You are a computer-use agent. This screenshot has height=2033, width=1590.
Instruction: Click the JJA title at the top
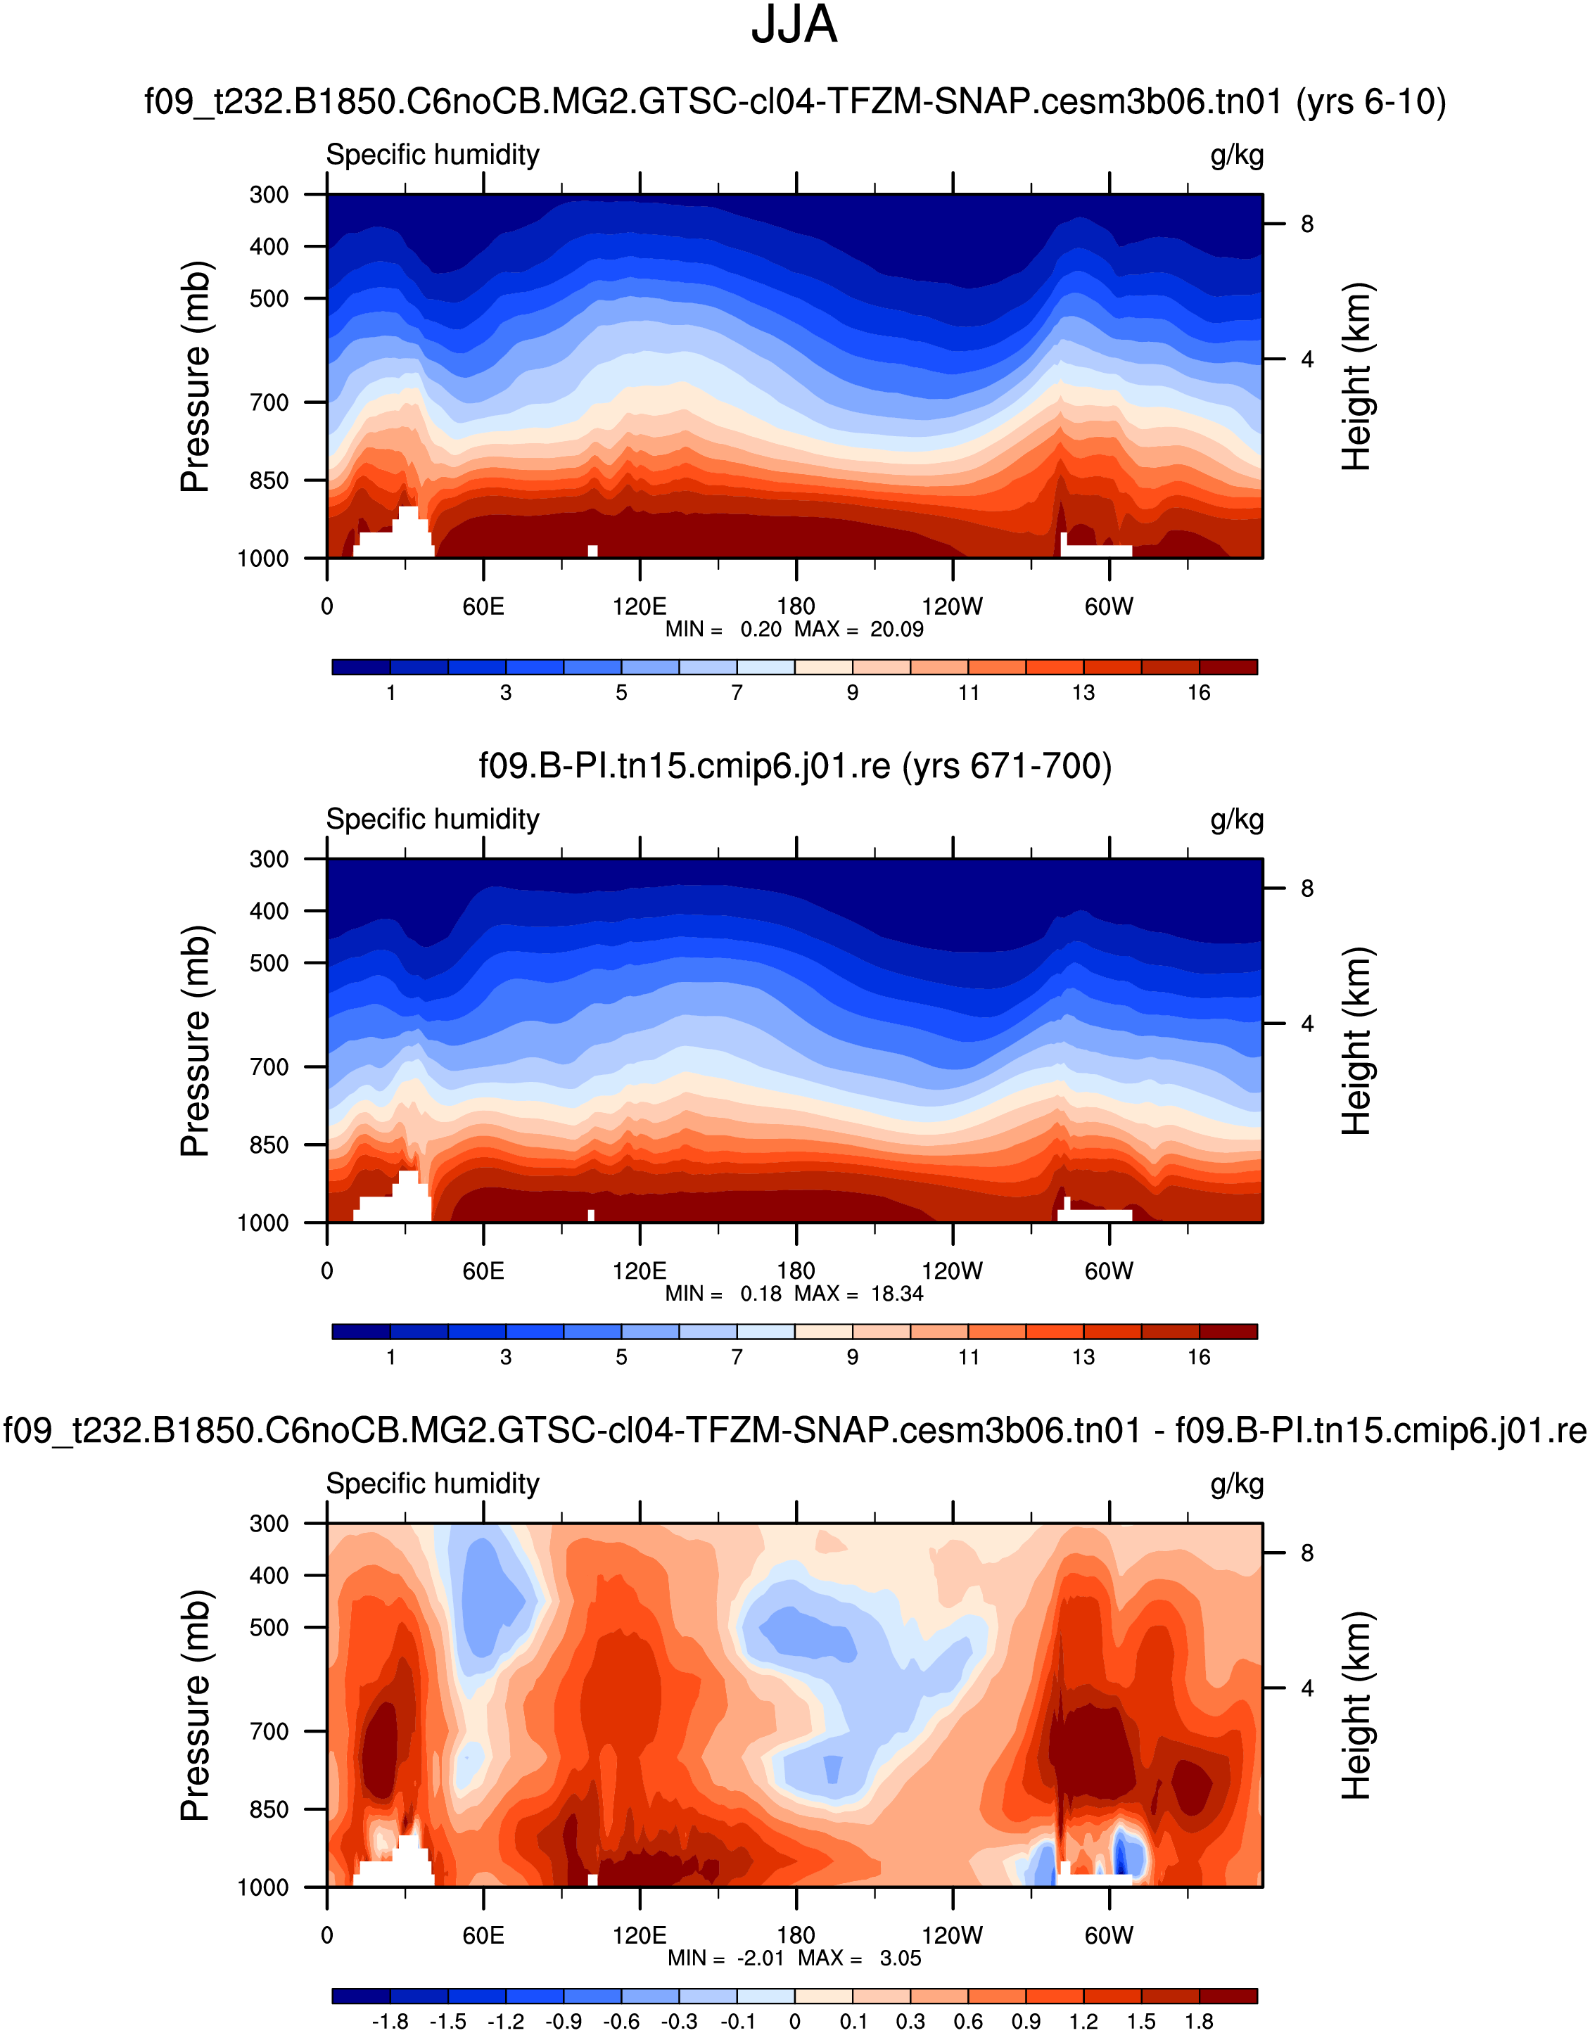(x=794, y=26)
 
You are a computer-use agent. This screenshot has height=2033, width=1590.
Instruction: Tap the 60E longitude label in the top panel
(x=483, y=607)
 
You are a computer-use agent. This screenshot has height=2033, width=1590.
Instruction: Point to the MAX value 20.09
(x=896, y=630)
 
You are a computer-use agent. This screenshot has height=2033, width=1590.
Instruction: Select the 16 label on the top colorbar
(x=1199, y=693)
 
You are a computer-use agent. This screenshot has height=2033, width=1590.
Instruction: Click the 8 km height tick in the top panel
(x=1307, y=224)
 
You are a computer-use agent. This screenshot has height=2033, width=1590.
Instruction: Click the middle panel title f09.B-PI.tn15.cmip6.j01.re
(x=794, y=766)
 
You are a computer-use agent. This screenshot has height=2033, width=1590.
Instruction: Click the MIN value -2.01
(x=761, y=1958)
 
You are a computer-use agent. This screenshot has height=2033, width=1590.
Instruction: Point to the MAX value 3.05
(x=901, y=1958)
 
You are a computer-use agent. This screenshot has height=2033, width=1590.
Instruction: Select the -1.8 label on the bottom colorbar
(x=389, y=2021)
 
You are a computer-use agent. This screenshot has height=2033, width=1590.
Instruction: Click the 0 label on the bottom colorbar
(x=794, y=2021)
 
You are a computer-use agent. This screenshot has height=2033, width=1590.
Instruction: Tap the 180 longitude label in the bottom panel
(x=796, y=1935)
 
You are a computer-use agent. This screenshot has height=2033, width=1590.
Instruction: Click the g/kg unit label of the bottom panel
(x=1236, y=1484)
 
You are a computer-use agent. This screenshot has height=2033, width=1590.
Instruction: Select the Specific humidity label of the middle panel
(x=433, y=819)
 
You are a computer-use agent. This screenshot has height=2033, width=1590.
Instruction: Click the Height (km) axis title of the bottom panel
(x=1356, y=1705)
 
